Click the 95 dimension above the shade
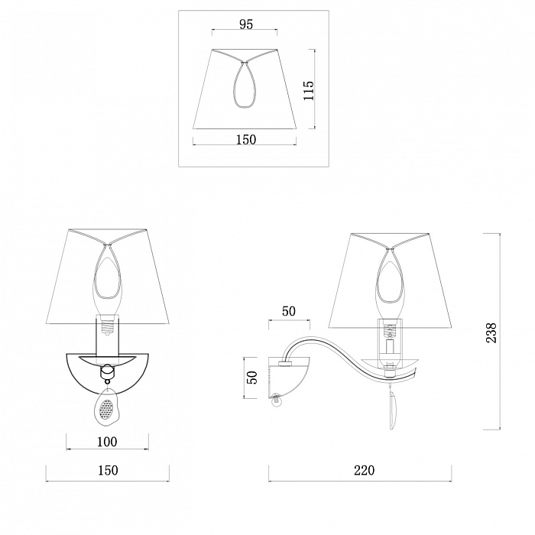pyautogui.click(x=246, y=24)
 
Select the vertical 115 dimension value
pyautogui.click(x=309, y=90)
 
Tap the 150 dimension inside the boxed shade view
pyautogui.click(x=246, y=140)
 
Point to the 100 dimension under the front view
pyautogui.click(x=107, y=442)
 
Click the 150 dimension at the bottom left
pyautogui.click(x=108, y=470)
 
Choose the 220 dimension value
pyautogui.click(x=364, y=470)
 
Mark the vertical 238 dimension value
pyautogui.click(x=491, y=332)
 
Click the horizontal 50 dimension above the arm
pyautogui.click(x=289, y=311)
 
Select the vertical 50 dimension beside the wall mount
pyautogui.click(x=252, y=378)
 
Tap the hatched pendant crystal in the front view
pyautogui.click(x=106, y=408)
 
